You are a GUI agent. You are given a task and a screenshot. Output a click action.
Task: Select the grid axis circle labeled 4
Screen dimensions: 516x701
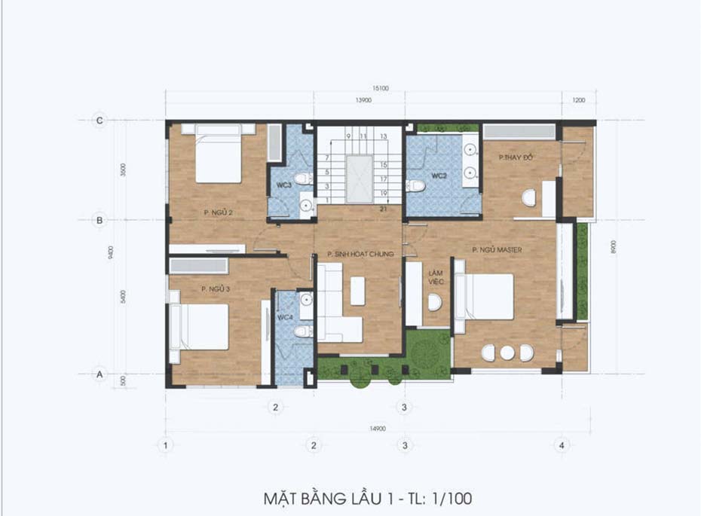[x=560, y=445]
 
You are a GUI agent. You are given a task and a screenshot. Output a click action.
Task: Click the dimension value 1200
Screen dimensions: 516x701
[x=578, y=99]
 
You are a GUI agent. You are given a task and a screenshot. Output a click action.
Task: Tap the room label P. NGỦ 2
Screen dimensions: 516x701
[x=217, y=212]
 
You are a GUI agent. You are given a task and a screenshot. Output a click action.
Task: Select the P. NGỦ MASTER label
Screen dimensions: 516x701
[x=497, y=249]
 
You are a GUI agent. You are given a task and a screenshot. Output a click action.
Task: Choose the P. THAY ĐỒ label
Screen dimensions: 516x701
[x=516, y=157]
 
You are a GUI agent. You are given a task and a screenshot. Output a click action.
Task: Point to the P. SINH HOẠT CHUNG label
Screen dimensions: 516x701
[x=360, y=255]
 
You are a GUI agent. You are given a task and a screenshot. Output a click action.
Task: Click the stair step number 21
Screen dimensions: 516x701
[x=384, y=209]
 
